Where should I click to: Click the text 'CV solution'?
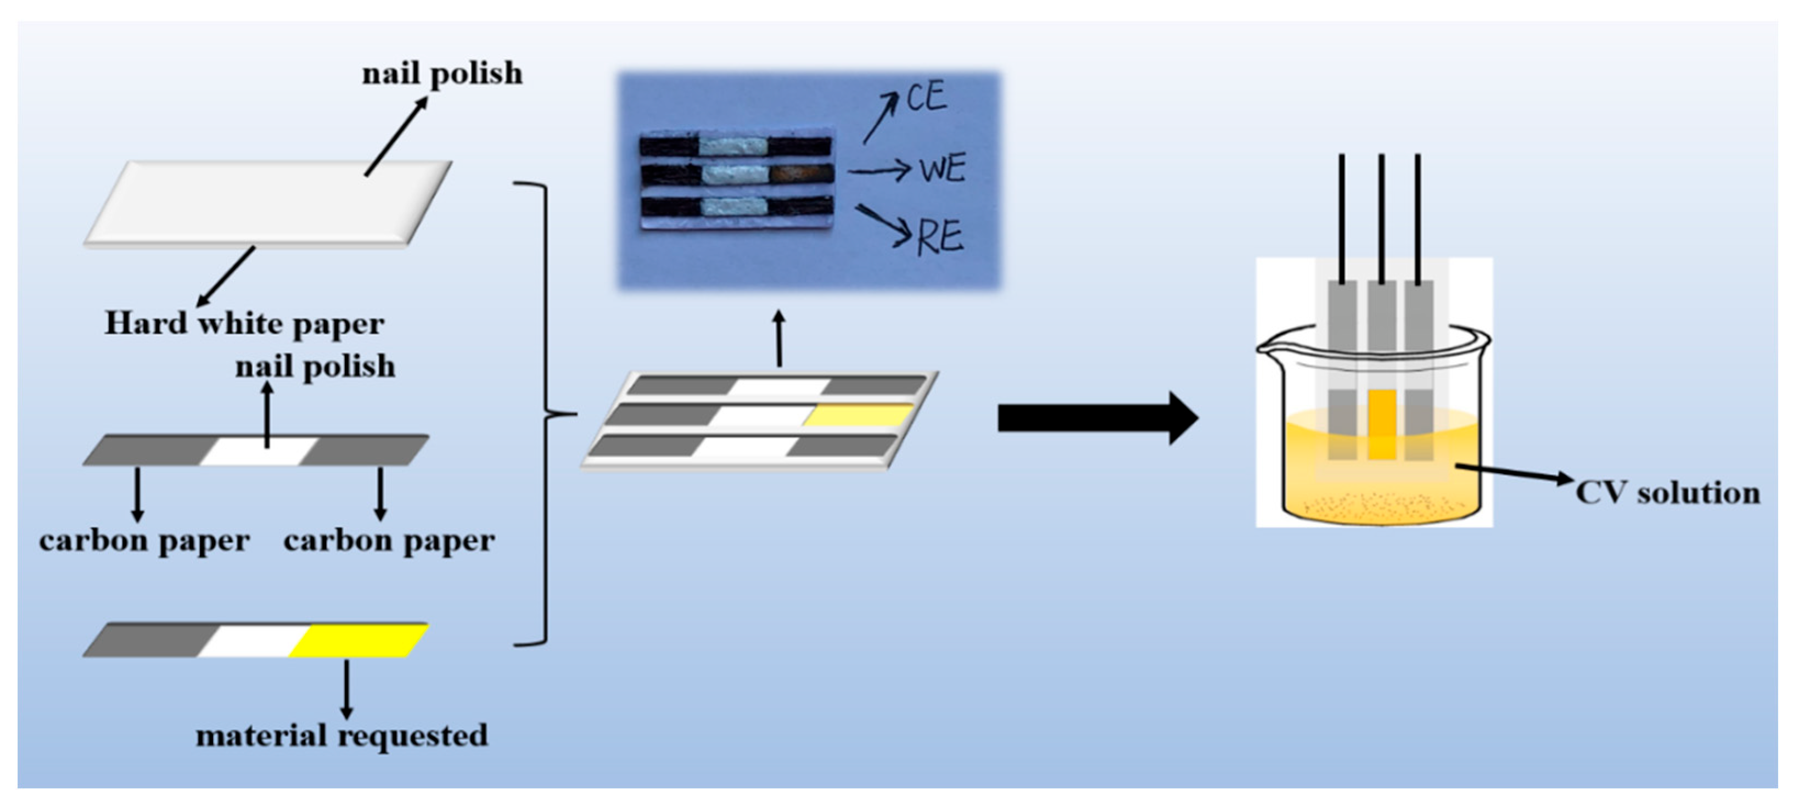tap(1668, 493)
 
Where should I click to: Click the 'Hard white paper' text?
tap(244, 324)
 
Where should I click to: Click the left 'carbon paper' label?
tap(144, 541)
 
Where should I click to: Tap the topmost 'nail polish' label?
tap(442, 74)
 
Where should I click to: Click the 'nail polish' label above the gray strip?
tap(315, 367)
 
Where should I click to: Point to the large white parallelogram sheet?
tap(268, 203)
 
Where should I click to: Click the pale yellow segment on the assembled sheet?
tap(860, 415)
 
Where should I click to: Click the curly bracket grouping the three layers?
tap(546, 415)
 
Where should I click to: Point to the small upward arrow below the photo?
tap(779, 338)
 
